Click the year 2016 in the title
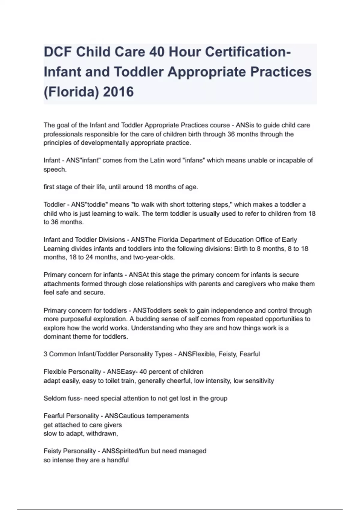coord(118,92)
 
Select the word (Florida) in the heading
coord(71,92)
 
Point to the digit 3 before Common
coord(45,354)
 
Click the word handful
coord(118,460)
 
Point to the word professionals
coord(64,134)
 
